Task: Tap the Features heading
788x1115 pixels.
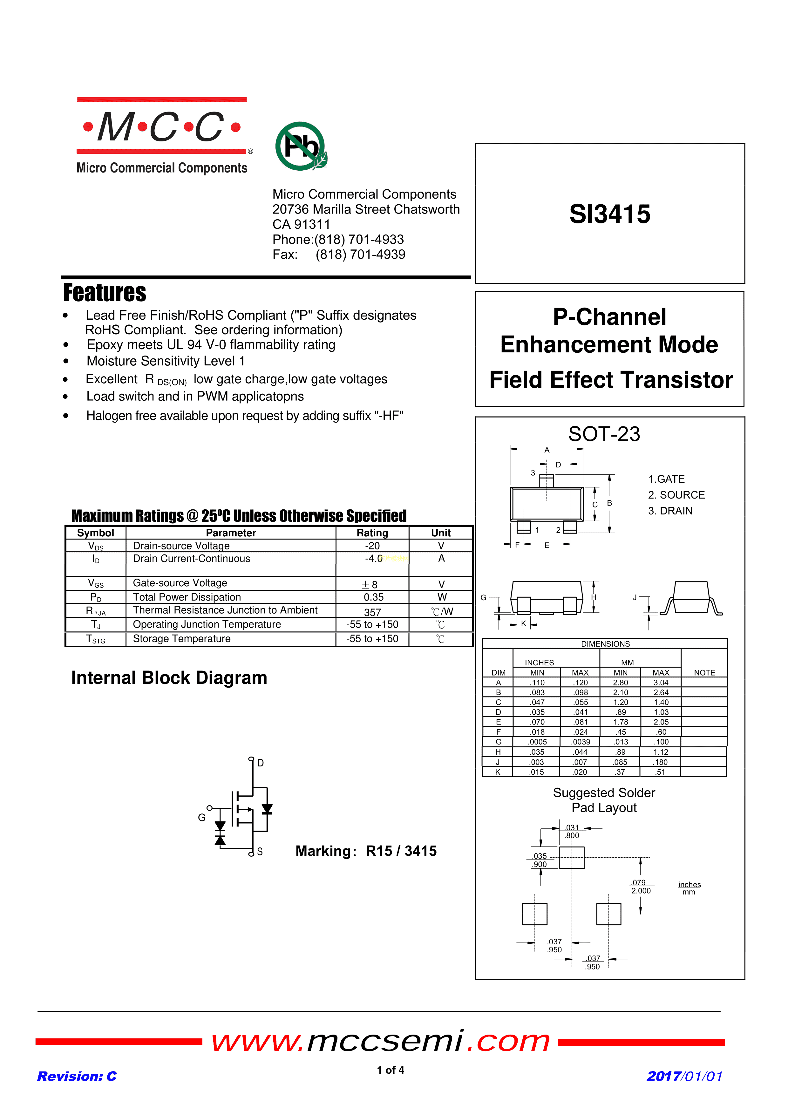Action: point(105,293)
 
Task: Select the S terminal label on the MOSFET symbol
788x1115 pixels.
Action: point(260,851)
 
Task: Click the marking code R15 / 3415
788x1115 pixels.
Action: point(401,851)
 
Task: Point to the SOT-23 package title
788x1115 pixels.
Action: point(604,434)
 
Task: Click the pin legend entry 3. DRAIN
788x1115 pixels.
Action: point(670,511)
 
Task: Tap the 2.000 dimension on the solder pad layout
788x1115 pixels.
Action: point(641,891)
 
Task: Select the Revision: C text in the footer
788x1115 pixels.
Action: point(77,1076)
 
